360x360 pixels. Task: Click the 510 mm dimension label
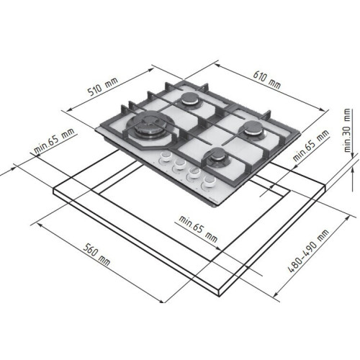(103, 86)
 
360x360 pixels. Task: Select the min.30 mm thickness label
(347, 130)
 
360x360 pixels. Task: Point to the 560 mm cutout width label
(96, 255)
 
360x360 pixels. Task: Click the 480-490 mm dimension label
(308, 251)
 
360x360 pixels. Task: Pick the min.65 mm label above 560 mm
(198, 229)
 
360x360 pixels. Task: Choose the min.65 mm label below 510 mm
(54, 141)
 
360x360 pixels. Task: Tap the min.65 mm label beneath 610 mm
(311, 145)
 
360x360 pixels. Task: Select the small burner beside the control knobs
(217, 157)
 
